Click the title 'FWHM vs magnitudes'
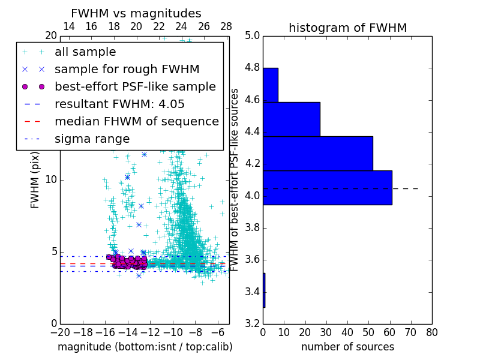click(x=136, y=13)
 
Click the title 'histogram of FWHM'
click(x=347, y=28)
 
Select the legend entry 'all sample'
click(x=85, y=52)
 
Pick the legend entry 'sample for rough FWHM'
click(x=127, y=70)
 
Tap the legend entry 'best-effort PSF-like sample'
click(x=135, y=87)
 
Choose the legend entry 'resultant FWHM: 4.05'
click(x=119, y=104)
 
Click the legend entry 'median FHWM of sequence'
click(x=136, y=122)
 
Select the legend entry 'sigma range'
click(x=92, y=139)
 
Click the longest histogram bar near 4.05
click(x=327, y=187)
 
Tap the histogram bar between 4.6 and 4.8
click(x=270, y=85)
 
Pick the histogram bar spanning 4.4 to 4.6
click(x=291, y=119)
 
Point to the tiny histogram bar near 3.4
click(x=264, y=290)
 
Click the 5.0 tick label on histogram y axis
click(x=251, y=35)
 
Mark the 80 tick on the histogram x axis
click(x=431, y=332)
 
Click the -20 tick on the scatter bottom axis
click(x=60, y=332)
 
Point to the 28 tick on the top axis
click(x=226, y=26)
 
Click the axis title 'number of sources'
click(x=347, y=347)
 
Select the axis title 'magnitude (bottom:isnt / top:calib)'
click(x=145, y=347)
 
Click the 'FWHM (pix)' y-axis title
click(x=35, y=179)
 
